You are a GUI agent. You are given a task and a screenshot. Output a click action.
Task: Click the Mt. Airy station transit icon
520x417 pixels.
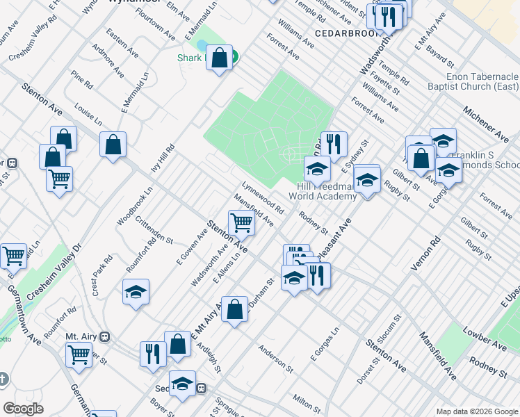(105, 336)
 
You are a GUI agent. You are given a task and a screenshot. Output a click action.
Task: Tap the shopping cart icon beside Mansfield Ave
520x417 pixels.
(241, 223)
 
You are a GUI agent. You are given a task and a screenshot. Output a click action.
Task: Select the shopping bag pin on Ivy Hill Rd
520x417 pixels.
(113, 145)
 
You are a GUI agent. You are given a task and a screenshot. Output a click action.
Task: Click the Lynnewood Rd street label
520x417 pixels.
(263, 198)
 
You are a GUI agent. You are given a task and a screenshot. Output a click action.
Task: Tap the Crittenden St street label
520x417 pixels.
(154, 229)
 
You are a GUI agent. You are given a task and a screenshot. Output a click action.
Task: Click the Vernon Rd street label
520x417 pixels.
(435, 253)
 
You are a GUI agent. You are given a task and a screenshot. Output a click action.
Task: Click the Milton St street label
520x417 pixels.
(305, 401)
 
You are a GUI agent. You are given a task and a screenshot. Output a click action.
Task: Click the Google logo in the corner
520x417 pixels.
(23, 409)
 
